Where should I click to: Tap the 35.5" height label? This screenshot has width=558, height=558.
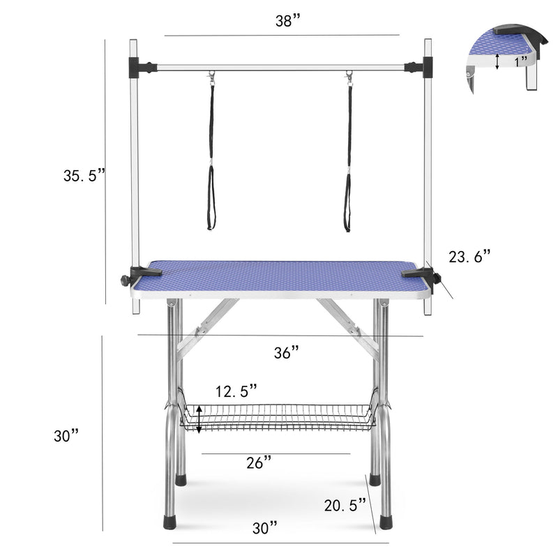84,176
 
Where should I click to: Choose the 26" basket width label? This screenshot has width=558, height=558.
258,463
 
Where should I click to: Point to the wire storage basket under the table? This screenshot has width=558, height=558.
279,417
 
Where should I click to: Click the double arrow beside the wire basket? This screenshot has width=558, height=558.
199,419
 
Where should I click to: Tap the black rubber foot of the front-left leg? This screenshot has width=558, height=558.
169,522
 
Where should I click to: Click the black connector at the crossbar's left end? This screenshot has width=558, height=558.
144,68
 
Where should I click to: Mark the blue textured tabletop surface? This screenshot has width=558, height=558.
279,277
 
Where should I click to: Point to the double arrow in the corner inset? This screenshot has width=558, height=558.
497,61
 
